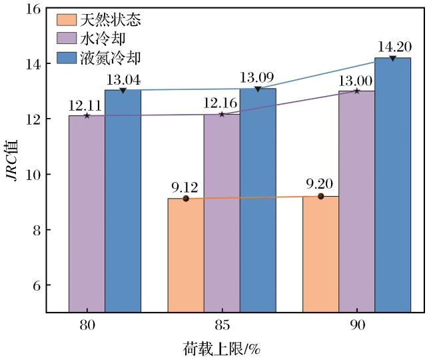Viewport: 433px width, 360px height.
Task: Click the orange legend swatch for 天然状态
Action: (67, 20)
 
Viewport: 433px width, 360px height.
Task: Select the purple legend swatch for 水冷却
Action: (67, 39)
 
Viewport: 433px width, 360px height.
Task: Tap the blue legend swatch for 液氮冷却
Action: (67, 58)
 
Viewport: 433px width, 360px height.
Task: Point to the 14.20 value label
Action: (394, 47)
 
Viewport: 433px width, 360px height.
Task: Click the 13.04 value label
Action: (123, 80)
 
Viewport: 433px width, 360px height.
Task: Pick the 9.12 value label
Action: (185, 188)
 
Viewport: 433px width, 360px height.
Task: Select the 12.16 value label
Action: (220, 103)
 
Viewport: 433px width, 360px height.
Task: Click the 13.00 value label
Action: (355, 81)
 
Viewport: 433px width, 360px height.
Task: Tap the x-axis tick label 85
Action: (222, 325)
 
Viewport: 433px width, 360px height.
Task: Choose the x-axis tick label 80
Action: (87, 325)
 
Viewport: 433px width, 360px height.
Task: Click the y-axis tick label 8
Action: (37, 230)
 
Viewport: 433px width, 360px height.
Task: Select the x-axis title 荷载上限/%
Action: (222, 349)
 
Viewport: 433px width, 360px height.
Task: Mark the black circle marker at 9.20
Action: (320, 196)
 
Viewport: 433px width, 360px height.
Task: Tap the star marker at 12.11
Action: (87, 115)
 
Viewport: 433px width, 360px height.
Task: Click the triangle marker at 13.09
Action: (258, 89)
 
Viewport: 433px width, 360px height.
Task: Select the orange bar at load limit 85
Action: (186, 255)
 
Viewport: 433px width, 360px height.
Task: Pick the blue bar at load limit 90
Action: (392, 185)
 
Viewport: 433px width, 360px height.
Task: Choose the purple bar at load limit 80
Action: (87, 214)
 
